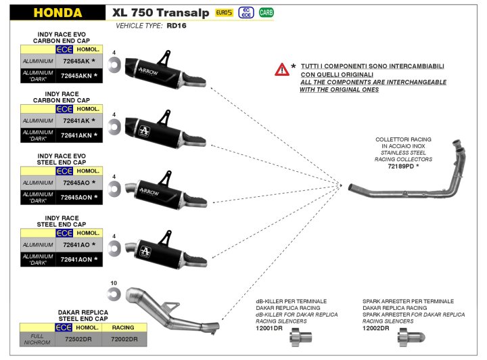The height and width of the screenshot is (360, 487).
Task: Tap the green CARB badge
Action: coord(266,13)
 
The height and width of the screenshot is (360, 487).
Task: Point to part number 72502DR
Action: coord(83,338)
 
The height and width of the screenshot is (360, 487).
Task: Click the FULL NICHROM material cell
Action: coord(37,338)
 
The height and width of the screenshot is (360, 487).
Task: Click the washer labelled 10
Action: coord(113,292)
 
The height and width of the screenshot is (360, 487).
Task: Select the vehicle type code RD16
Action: coord(177,25)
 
